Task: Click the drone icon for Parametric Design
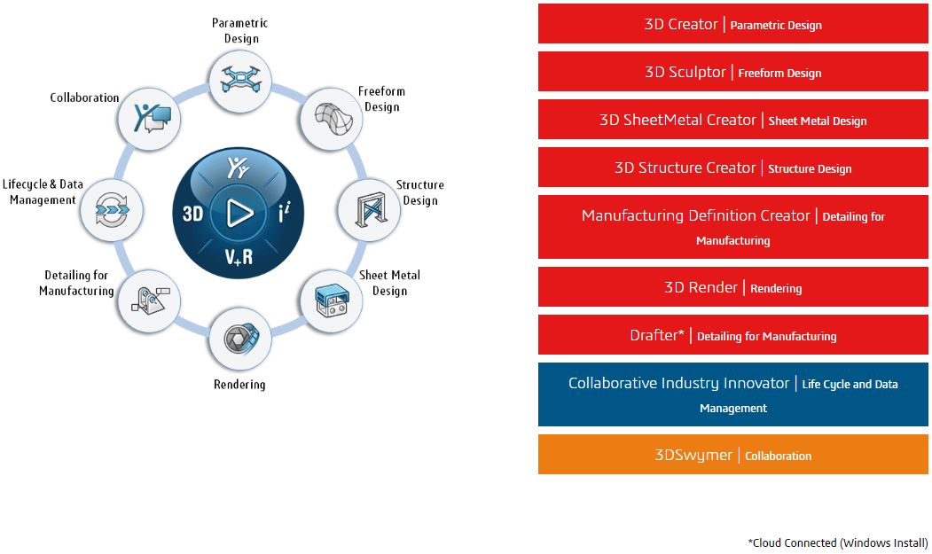(239, 80)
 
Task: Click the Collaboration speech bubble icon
(148, 118)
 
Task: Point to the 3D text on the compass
(192, 214)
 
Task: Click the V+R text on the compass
(238, 256)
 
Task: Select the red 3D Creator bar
(732, 24)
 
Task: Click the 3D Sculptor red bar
(732, 72)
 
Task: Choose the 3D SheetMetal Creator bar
(732, 120)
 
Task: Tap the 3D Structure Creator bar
(732, 168)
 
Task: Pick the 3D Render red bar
(732, 287)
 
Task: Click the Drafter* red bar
(732, 335)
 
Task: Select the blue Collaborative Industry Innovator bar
(732, 394)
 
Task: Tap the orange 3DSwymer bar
(732, 455)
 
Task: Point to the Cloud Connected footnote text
(838, 542)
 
